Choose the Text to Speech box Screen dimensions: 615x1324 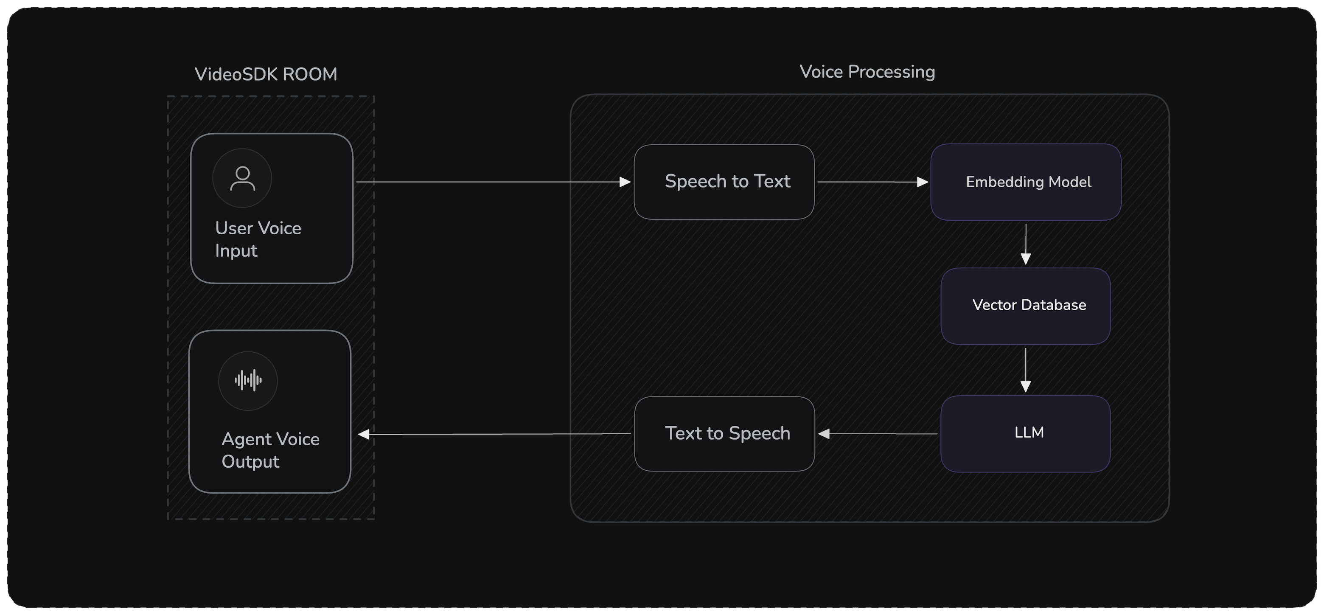(724, 433)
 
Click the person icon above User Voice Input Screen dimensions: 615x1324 (242, 178)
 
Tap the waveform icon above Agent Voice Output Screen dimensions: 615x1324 (248, 381)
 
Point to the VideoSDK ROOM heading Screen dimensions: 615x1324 (266, 75)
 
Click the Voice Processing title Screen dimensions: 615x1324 (867, 72)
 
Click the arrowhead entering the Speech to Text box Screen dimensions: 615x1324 (625, 182)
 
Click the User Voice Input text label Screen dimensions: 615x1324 (258, 239)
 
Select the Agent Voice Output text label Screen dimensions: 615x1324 (270, 450)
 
